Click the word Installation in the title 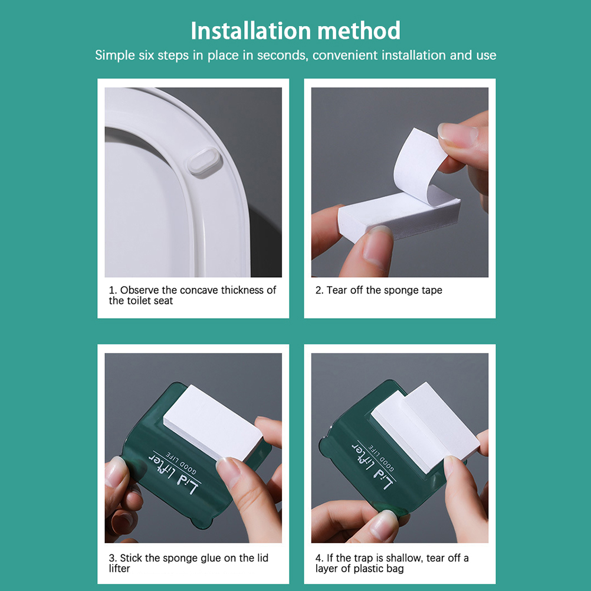coord(251,31)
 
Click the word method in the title coord(359,31)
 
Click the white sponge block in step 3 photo coord(212,422)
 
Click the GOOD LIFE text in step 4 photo coord(381,458)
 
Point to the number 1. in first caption coord(113,290)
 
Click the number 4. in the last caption coord(320,558)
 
